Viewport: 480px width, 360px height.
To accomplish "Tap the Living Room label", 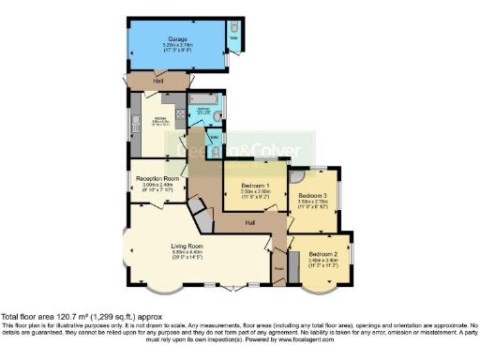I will coord(187,246).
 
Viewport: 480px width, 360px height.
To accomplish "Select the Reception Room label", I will coord(157,177).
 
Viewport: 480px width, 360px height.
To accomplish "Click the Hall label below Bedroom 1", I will coord(250,223).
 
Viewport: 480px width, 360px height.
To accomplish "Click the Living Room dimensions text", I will coord(187,252).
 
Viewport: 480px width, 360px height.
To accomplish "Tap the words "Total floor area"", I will coord(26,317).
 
